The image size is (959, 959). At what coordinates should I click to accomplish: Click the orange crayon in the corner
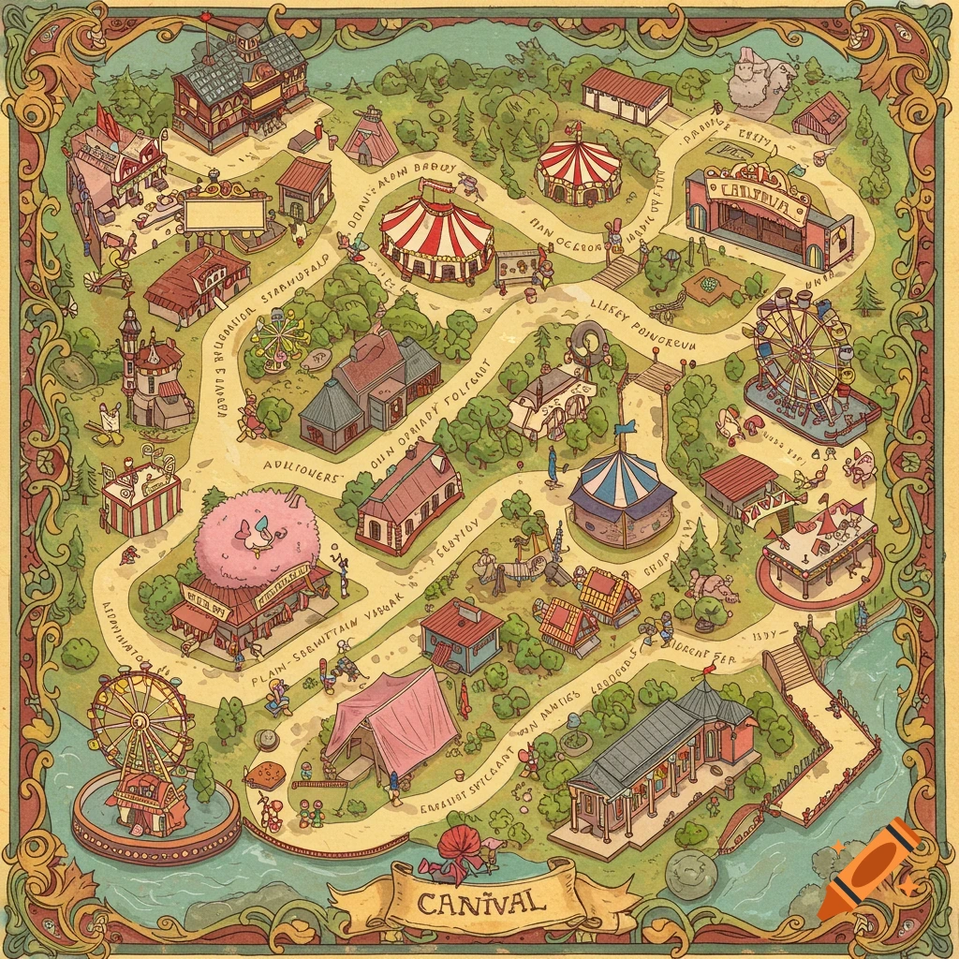pos(868,867)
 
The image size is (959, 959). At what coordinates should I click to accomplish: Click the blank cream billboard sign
pos(225,215)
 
